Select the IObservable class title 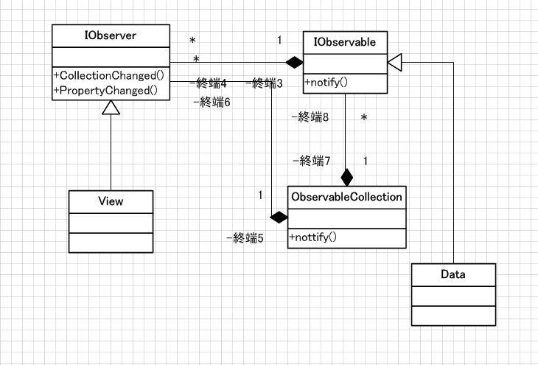click(345, 43)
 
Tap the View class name click(110, 201)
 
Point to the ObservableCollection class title click(346, 197)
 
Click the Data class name click(452, 275)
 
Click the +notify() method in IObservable click(326, 83)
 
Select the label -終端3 click(264, 83)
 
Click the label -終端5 click(245, 238)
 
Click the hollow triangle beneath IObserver click(111, 108)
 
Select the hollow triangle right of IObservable click(394, 63)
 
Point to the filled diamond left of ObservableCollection click(278, 218)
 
